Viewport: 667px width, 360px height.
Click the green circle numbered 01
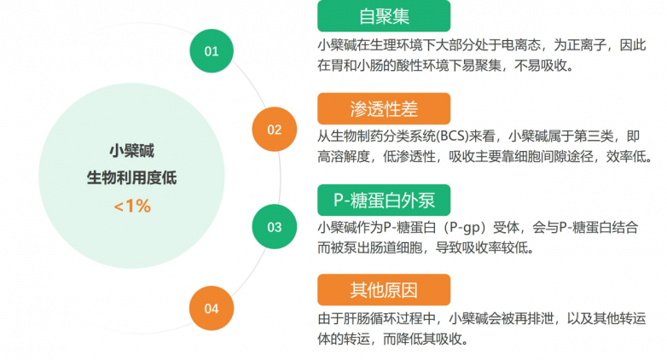coord(212,50)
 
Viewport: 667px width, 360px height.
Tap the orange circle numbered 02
coord(275,129)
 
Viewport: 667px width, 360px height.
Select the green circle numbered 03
coord(275,226)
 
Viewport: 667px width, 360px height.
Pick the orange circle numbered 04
coord(212,308)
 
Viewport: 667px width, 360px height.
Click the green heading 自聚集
coord(384,16)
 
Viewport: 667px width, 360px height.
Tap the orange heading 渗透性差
coord(384,108)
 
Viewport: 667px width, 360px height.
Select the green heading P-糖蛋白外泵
coord(384,200)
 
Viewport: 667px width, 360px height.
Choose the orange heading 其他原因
coord(384,290)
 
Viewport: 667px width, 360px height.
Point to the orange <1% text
coord(132,206)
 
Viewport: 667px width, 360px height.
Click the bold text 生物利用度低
coord(132,177)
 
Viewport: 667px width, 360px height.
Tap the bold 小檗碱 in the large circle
coord(132,151)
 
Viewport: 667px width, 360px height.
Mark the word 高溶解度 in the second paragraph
coord(344,157)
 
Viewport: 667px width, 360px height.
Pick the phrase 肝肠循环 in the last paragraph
coord(370,318)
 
